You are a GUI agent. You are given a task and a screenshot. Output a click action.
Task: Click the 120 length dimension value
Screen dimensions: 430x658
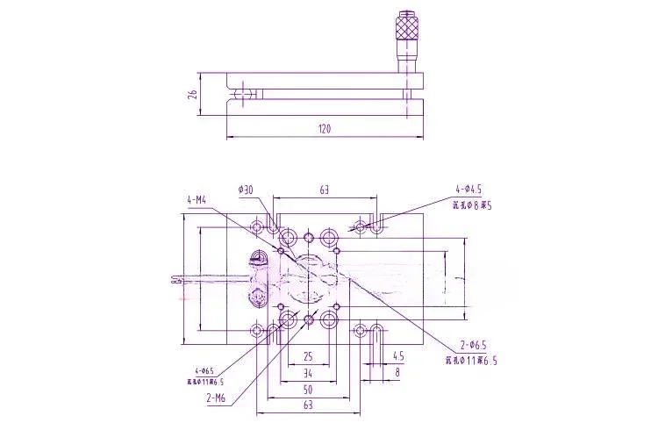(x=324, y=129)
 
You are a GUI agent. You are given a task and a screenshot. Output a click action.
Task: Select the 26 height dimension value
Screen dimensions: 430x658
(x=192, y=94)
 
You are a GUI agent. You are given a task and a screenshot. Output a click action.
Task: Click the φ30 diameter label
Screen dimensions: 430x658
(x=246, y=189)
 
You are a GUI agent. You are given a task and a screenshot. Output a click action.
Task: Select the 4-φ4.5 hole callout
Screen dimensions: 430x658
(x=468, y=189)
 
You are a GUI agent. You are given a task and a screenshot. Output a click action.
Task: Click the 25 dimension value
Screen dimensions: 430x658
(x=308, y=356)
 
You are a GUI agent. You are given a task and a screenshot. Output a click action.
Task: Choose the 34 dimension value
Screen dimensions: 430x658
(x=308, y=372)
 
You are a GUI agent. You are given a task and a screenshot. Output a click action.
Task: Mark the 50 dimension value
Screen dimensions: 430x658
(x=308, y=388)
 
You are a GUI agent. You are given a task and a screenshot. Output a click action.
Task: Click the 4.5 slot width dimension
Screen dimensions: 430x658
(x=398, y=356)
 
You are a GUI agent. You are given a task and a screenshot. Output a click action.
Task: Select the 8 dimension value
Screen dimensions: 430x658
(x=398, y=372)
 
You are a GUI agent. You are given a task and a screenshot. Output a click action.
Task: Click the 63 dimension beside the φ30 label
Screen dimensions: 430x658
(x=324, y=189)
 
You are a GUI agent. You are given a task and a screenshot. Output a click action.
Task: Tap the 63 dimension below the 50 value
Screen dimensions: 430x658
(x=308, y=405)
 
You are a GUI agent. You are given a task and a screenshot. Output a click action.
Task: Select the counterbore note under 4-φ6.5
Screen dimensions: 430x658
(x=204, y=383)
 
